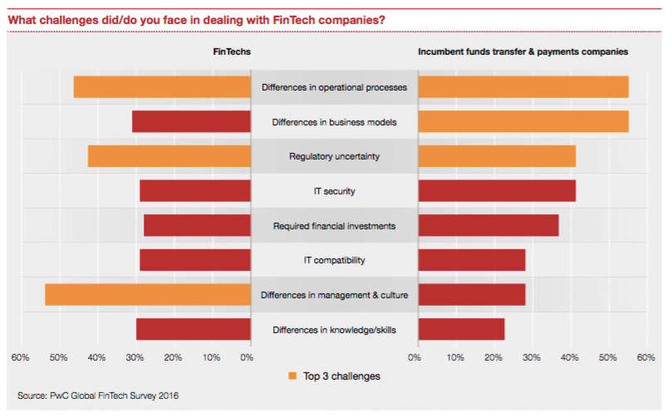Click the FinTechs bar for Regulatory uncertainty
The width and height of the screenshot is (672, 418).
click(x=169, y=156)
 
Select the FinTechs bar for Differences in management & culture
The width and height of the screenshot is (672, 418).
click(x=148, y=295)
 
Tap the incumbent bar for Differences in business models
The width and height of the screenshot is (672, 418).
click(x=523, y=121)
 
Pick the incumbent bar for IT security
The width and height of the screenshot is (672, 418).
click(x=497, y=191)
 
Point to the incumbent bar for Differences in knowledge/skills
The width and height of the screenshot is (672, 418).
click(x=461, y=330)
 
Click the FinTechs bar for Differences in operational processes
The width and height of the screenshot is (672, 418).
click(x=162, y=87)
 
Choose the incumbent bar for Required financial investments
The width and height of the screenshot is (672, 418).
click(x=488, y=225)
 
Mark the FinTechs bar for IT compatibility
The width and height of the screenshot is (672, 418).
click(x=195, y=260)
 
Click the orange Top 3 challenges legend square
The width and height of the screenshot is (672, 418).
click(x=292, y=376)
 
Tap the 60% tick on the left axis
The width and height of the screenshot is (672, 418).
click(x=21, y=357)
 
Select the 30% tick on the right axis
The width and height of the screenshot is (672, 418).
click(x=531, y=357)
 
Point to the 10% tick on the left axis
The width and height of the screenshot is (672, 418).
click(x=211, y=357)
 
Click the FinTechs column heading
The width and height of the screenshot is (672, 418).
click(x=232, y=52)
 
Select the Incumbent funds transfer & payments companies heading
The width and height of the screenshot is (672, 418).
click(x=522, y=52)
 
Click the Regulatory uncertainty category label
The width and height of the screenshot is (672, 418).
click(x=334, y=156)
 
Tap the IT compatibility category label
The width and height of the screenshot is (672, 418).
click(x=334, y=260)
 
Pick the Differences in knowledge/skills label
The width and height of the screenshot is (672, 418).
click(x=334, y=330)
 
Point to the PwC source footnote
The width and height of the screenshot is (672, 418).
click(x=98, y=396)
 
